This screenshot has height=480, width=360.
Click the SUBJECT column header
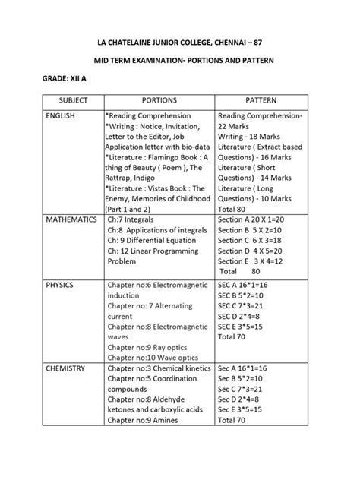click(68, 99)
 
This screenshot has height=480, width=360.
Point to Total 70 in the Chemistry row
click(232, 420)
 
